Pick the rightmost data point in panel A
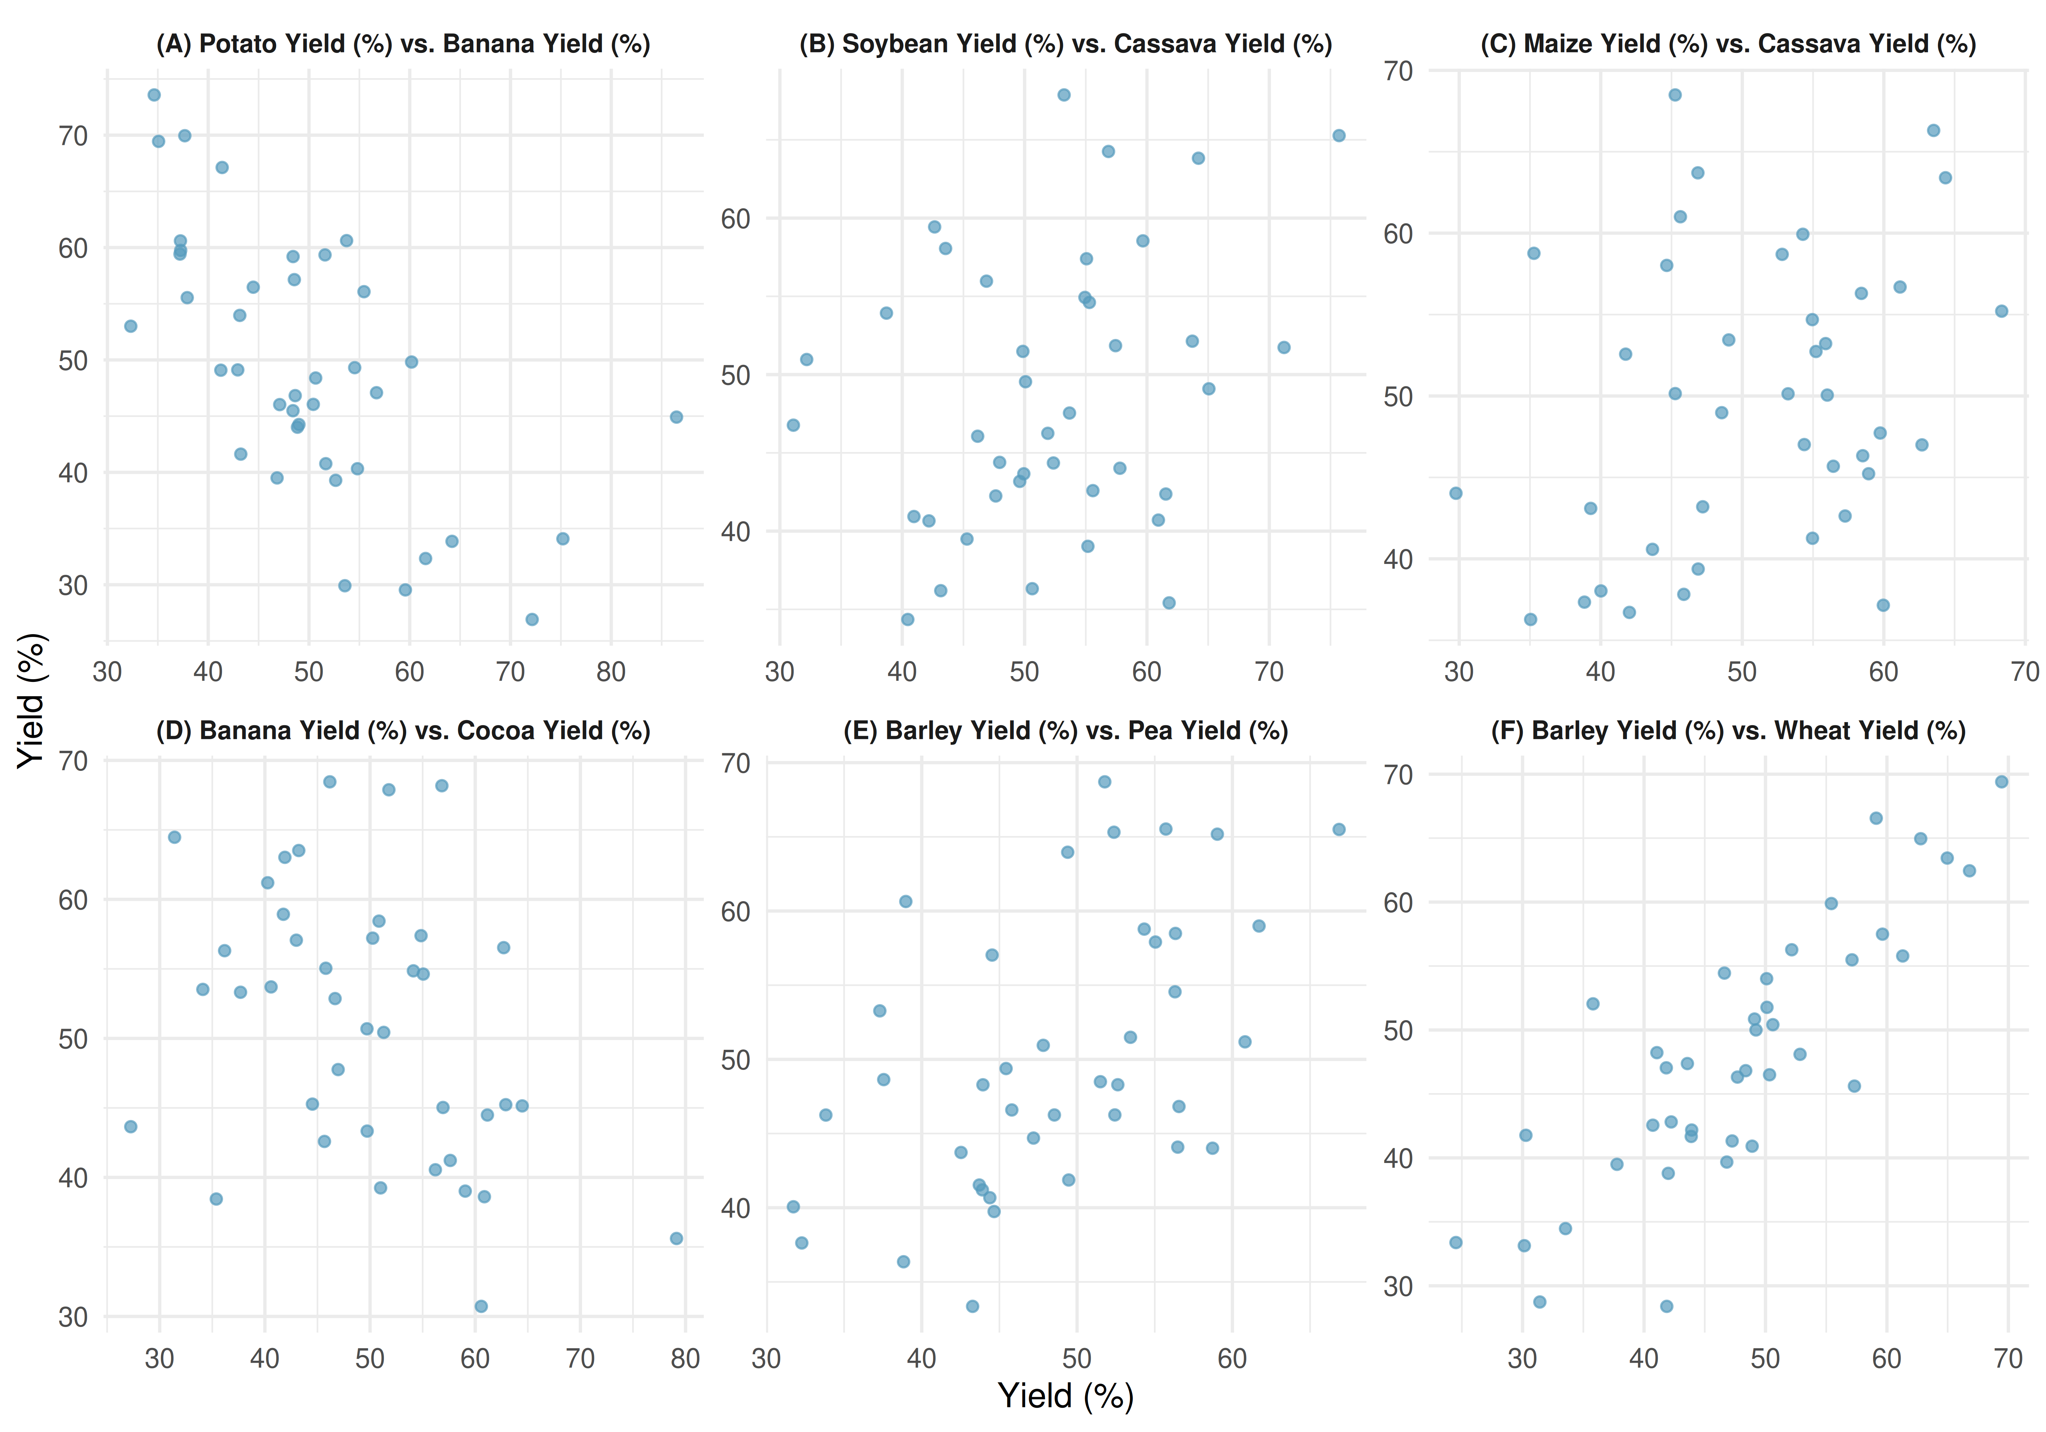click(676, 417)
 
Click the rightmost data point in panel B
click(1338, 135)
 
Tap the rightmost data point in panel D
click(676, 1239)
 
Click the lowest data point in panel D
click(481, 1306)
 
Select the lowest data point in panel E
click(972, 1306)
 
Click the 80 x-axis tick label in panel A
click(611, 672)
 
